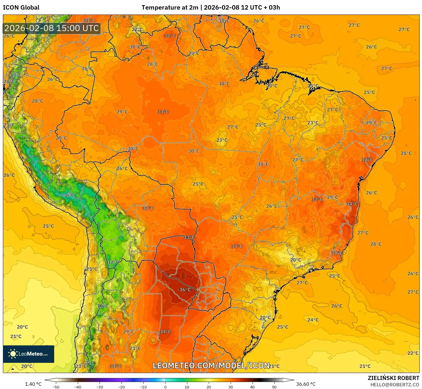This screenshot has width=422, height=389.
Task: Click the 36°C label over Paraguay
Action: point(185,290)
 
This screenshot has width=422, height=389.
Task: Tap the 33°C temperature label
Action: point(189,237)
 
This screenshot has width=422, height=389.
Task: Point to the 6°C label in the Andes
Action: point(70,195)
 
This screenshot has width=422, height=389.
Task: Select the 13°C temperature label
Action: point(16,75)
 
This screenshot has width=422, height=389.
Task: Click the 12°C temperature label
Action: point(113,262)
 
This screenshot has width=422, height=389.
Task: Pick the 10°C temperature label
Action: point(103,306)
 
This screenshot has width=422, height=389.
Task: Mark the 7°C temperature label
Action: point(90,363)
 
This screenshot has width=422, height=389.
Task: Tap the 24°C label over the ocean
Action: point(313,320)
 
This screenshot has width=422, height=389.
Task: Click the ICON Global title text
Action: point(21,8)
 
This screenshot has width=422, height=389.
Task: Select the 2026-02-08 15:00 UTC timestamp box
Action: point(52,28)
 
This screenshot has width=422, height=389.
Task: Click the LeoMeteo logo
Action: point(29,354)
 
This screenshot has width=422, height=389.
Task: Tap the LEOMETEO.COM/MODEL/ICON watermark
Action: point(211,365)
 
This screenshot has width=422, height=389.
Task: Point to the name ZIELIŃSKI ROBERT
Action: point(393,378)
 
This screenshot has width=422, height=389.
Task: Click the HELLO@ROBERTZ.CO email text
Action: point(395,385)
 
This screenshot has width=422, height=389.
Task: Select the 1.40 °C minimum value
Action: point(33,384)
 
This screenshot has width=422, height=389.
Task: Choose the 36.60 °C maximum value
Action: point(306,384)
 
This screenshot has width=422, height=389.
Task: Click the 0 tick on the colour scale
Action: point(165,387)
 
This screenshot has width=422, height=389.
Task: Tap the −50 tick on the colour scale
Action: point(56,387)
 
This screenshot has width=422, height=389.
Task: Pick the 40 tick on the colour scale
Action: point(252,387)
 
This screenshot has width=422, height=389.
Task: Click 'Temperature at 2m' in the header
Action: point(170,8)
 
